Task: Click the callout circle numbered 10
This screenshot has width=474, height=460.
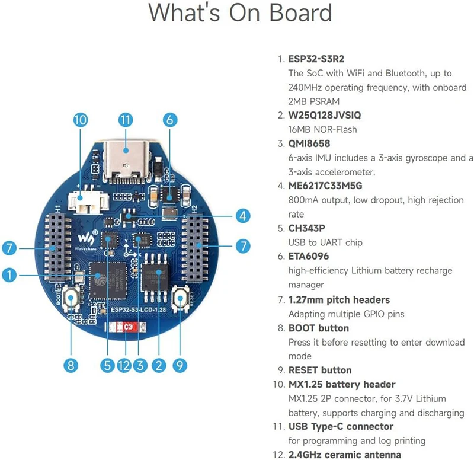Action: [81, 120]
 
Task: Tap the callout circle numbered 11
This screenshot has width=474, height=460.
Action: [124, 120]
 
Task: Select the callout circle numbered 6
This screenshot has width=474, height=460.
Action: [169, 120]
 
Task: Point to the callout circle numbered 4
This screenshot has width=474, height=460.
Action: [242, 216]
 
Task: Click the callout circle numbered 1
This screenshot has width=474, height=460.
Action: [9, 274]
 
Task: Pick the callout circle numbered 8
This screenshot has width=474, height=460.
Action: [71, 366]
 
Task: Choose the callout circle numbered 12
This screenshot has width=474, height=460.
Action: [123, 366]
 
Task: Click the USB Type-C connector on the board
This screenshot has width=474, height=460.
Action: [126, 155]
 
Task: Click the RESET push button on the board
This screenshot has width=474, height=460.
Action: [179, 298]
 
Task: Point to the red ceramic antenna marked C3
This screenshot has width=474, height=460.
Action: [126, 327]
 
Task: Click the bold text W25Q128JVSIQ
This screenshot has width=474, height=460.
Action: [324, 116]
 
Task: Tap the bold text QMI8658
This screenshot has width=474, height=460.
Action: [309, 144]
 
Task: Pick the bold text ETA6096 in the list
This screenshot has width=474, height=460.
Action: [308, 257]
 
